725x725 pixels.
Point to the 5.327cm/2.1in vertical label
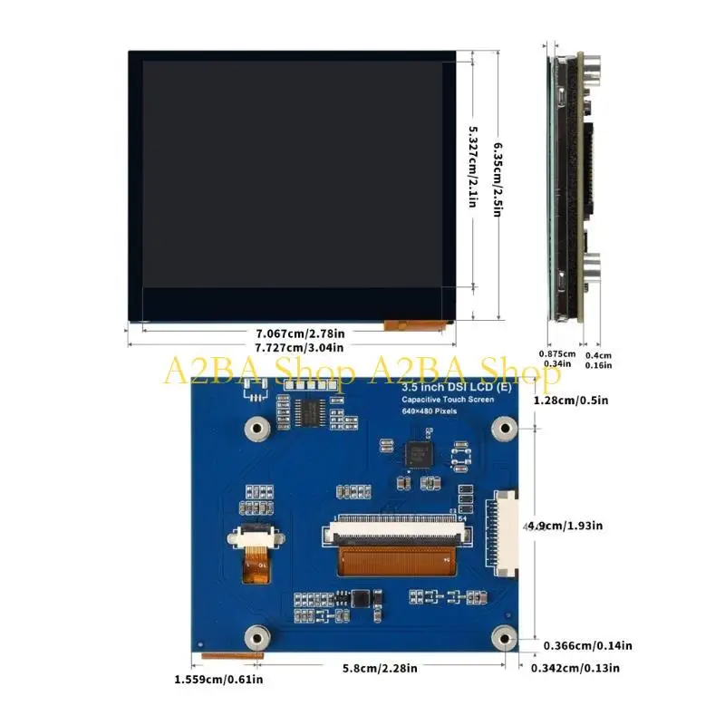pos(472,166)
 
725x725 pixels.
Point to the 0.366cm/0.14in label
pos(587,646)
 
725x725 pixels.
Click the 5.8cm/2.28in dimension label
pos(381,669)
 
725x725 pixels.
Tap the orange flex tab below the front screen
pos(418,323)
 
